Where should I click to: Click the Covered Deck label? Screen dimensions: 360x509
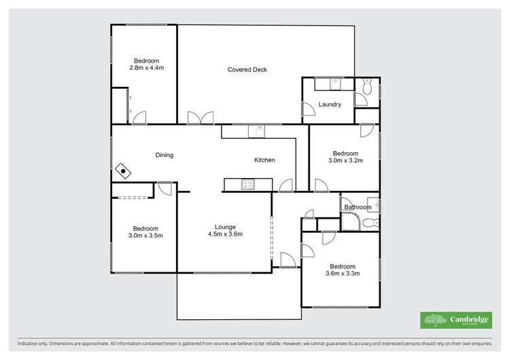(x=247, y=69)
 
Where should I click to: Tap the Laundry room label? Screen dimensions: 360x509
(x=330, y=105)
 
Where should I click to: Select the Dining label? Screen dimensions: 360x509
(x=164, y=155)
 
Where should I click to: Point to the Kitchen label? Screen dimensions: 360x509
(x=264, y=160)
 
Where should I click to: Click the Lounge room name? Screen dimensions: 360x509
(x=225, y=227)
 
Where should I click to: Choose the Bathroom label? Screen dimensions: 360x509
(x=357, y=207)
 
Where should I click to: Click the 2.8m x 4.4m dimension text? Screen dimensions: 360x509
(x=147, y=68)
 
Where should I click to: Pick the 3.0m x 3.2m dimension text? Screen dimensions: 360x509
(x=345, y=161)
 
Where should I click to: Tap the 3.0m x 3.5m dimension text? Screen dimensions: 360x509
(x=145, y=236)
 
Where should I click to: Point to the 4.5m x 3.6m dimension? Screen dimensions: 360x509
(x=225, y=234)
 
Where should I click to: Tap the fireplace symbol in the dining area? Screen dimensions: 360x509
(x=123, y=171)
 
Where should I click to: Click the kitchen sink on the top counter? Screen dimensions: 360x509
(x=260, y=129)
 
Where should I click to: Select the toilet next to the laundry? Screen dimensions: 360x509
(x=366, y=86)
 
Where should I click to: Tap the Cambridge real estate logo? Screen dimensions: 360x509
(x=455, y=320)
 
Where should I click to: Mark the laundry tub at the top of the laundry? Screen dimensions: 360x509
(x=334, y=84)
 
